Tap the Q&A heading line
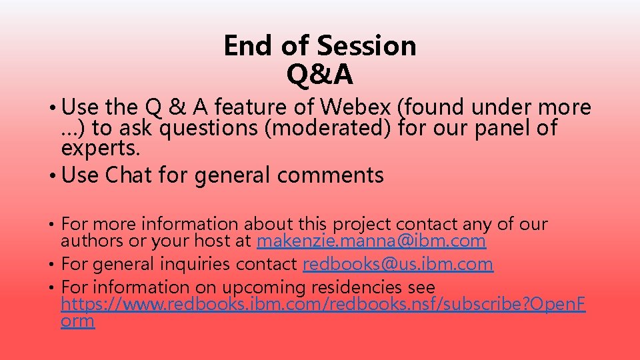[x=320, y=75]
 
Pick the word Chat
[x=129, y=175]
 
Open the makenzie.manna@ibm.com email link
[x=371, y=241]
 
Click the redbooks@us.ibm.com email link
[x=398, y=264]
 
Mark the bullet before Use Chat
[x=52, y=175]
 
